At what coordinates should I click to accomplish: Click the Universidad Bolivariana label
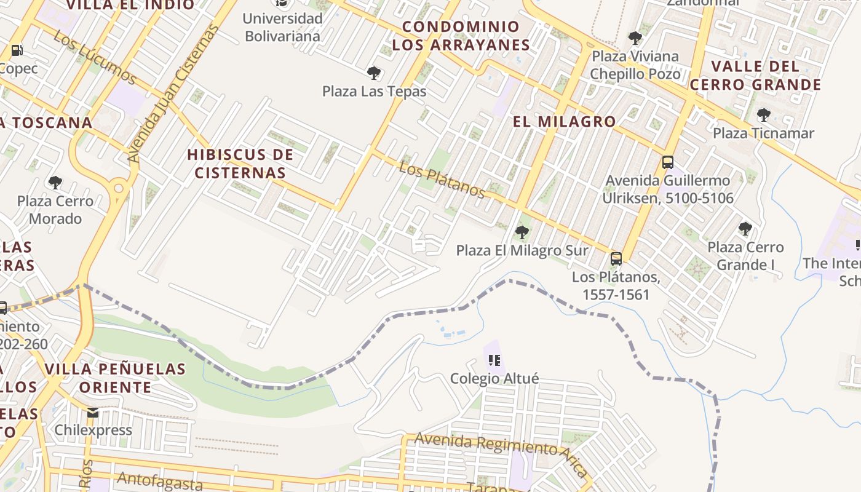coord(282,27)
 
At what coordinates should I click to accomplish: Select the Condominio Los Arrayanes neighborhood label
coord(461,36)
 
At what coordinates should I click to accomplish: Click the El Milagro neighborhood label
coord(564,121)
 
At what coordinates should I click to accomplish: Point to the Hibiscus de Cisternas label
coord(240,164)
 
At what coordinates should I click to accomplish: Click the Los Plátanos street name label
coord(442,180)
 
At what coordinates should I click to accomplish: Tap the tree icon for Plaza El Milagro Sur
coord(522,232)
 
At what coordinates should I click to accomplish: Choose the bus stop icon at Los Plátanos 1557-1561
coord(616,259)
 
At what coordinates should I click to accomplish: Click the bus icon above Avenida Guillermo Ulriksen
coord(667,162)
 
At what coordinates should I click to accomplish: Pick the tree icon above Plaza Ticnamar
coord(763,114)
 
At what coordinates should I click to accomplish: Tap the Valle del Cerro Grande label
coord(755,75)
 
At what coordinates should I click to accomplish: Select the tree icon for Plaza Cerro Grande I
coord(745,229)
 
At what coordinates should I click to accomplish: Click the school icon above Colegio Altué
coord(494,360)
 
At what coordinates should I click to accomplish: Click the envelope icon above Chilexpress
coord(93,412)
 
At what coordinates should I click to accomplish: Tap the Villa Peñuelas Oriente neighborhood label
coord(114,378)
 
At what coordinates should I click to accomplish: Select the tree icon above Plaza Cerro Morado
coord(55,182)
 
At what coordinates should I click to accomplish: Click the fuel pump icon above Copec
coord(17,50)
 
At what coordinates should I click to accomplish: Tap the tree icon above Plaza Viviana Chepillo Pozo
coord(635,38)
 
